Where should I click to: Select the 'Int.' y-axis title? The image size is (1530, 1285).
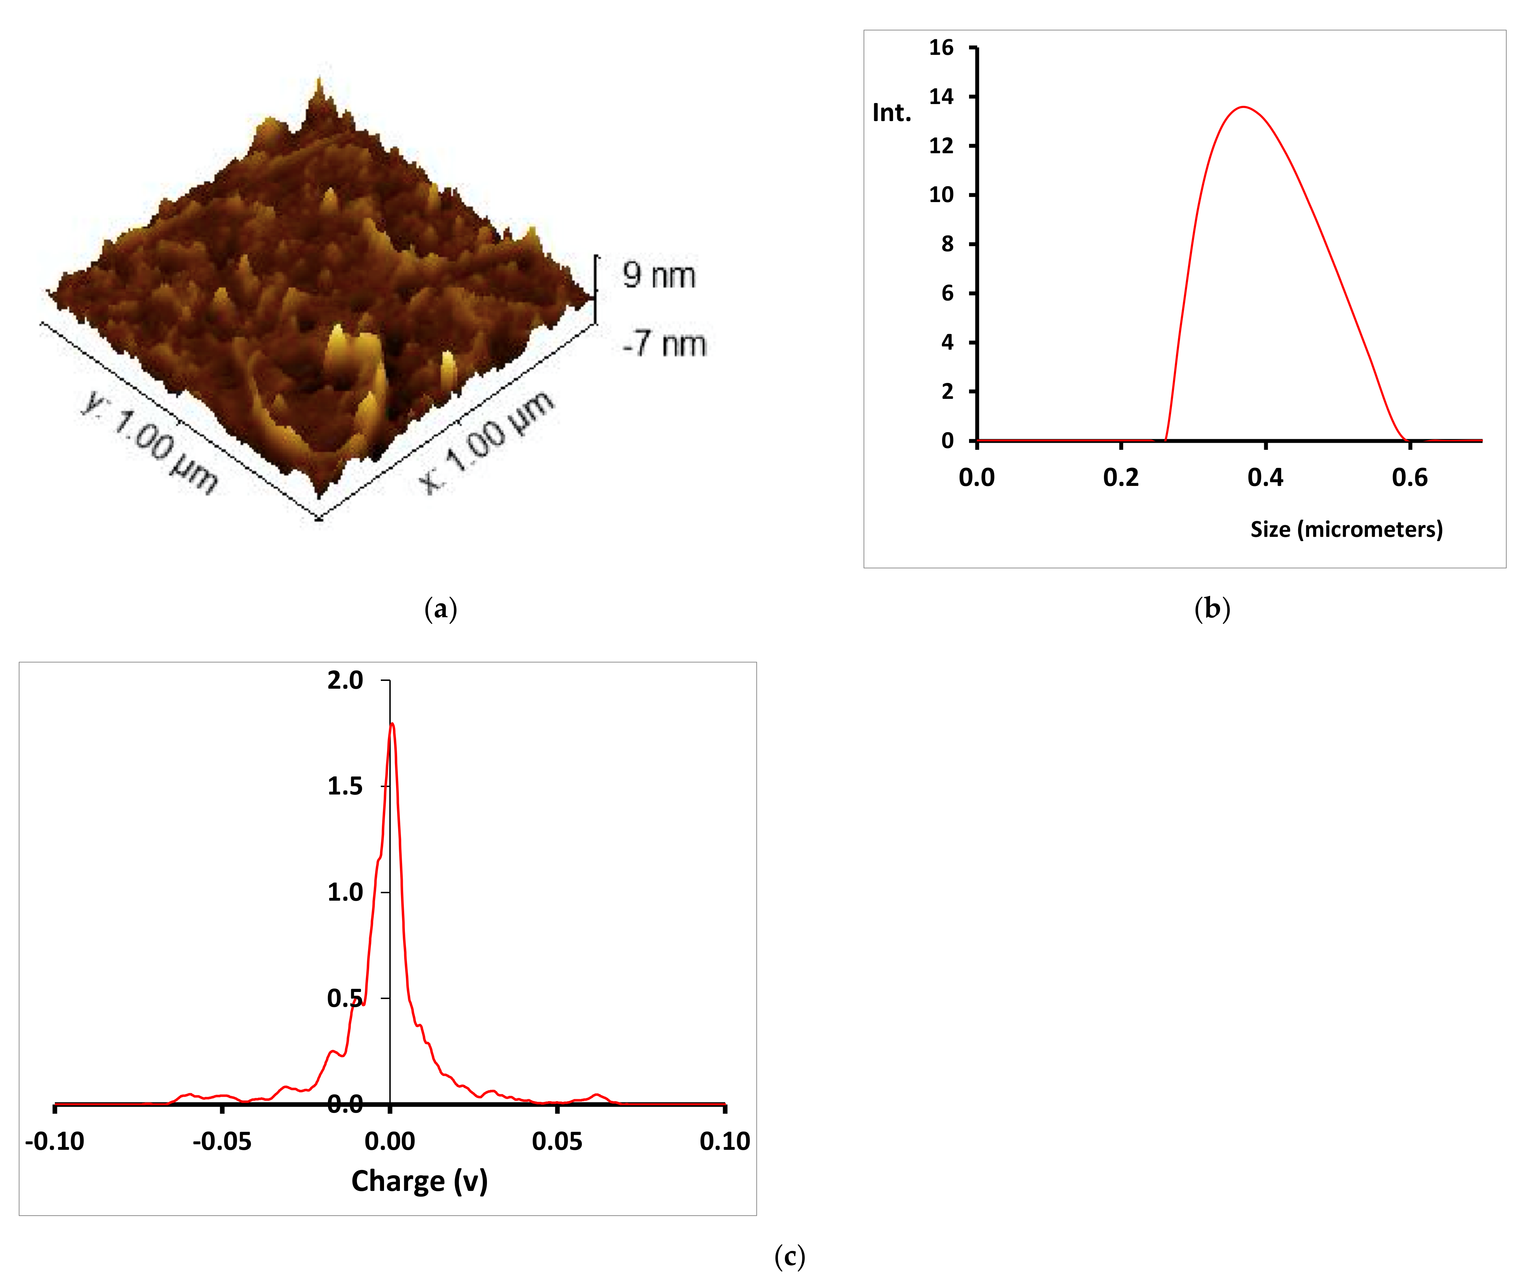(x=892, y=113)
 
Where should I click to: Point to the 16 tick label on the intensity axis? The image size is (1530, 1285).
(x=941, y=48)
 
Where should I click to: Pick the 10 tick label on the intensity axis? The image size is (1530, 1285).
(x=941, y=195)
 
